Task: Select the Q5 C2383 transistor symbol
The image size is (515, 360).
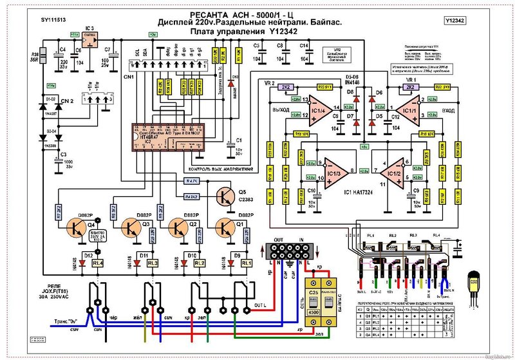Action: pyautogui.click(x=223, y=195)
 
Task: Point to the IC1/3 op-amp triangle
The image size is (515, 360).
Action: pyautogui.click(x=334, y=172)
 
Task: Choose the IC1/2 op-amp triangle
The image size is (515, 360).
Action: pyautogui.click(x=395, y=172)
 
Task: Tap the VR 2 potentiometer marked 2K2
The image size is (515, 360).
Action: pyautogui.click(x=286, y=86)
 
